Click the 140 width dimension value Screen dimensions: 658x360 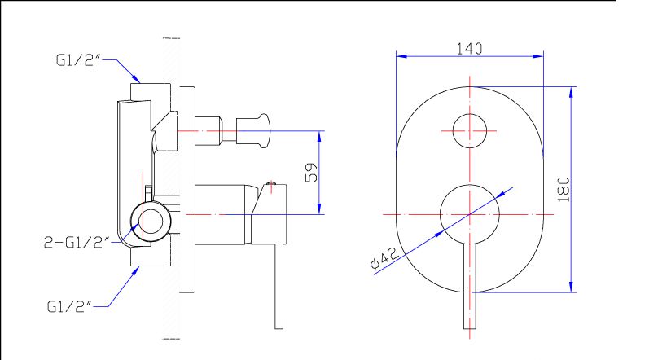[469, 49]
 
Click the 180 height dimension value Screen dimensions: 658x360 [564, 189]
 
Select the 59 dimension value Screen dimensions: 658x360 [311, 173]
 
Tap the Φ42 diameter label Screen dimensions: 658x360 [384, 257]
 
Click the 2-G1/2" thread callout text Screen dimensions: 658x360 [77, 242]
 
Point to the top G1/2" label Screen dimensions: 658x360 [78, 60]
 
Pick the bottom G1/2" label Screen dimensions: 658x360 [69, 307]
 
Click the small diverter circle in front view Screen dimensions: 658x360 [470, 131]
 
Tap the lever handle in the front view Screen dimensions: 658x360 [470, 285]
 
